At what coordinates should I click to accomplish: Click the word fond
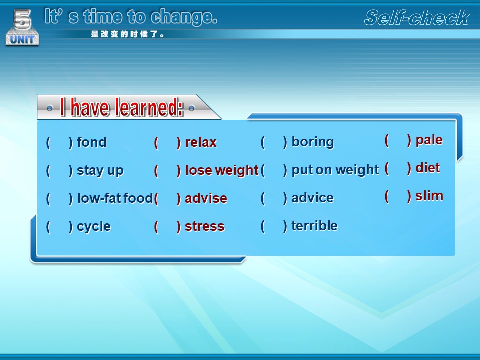(91, 142)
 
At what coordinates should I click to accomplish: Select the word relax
(201, 142)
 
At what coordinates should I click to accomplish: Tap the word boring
(312, 142)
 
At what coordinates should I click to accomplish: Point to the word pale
(429, 140)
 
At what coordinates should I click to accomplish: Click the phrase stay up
(100, 171)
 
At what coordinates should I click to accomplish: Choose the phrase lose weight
(222, 170)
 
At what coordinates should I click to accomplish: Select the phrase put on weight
(335, 170)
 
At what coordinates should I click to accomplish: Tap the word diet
(427, 168)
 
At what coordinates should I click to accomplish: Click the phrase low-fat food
(115, 198)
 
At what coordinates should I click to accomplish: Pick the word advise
(206, 198)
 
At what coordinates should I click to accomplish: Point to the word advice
(312, 198)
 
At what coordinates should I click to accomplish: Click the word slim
(429, 196)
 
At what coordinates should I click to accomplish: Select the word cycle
(93, 227)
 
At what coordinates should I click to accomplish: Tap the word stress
(205, 227)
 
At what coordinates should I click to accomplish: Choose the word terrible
(314, 226)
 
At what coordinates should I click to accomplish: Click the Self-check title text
(417, 18)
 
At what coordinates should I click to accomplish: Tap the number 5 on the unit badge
(22, 19)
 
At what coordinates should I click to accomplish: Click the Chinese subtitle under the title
(127, 34)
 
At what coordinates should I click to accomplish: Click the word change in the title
(183, 17)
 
